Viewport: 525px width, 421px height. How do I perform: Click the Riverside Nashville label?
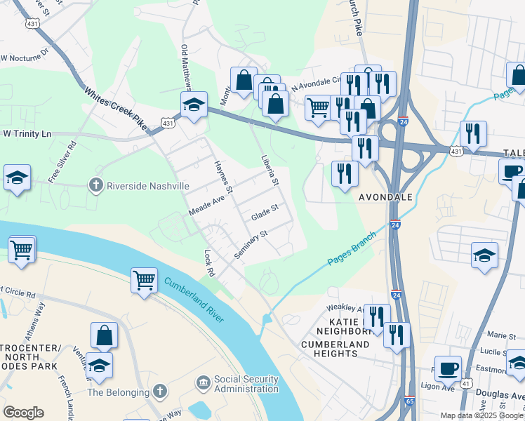147,186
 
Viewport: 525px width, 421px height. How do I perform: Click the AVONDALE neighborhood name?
385,197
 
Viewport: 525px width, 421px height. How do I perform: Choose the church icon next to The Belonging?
160,392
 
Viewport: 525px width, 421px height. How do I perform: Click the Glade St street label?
265,210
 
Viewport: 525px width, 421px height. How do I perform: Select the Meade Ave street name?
206,206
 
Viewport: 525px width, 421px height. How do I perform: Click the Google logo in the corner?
23,413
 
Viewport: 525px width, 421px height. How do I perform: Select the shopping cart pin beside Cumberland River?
144,280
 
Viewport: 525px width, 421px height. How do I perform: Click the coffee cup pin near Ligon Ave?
448,368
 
